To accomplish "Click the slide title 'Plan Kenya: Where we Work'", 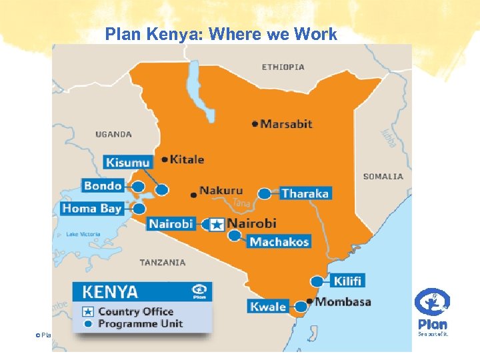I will point(221,34).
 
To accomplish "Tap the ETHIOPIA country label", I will point(283,67).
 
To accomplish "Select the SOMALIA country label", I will point(383,177).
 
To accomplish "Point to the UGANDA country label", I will point(113,134).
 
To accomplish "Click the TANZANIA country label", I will point(163,263).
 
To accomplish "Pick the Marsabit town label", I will point(286,123).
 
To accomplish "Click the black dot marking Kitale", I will point(165,160).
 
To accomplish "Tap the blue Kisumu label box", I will point(127,162).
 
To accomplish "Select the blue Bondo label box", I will point(103,185).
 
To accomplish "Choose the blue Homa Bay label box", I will point(92,209).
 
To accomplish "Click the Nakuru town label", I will point(221,191).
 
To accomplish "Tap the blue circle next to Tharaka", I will point(265,194).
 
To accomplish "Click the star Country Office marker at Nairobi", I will point(215,225).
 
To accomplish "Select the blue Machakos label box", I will point(279,241).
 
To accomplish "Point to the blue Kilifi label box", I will point(347,281).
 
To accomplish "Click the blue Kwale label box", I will point(268,307).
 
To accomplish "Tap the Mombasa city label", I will point(343,302).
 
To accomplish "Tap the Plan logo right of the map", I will point(432,310).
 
